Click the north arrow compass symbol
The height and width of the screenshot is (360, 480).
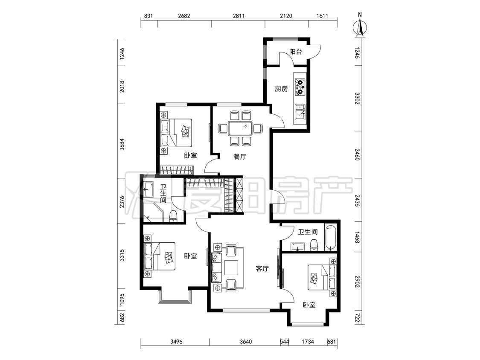pyautogui.click(x=360, y=26)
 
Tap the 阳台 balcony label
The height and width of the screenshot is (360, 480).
pyautogui.click(x=295, y=52)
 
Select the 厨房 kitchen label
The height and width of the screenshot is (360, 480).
pyautogui.click(x=281, y=89)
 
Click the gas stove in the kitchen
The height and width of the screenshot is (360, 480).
pyautogui.click(x=300, y=86)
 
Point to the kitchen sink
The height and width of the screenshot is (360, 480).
pyautogui.click(x=300, y=112)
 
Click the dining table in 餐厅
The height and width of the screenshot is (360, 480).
pyautogui.click(x=240, y=128)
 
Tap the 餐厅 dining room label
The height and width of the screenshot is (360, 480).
pyautogui.click(x=240, y=157)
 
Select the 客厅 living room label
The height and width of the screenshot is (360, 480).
pyautogui.click(x=262, y=268)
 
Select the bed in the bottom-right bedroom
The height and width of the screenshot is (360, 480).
pyautogui.click(x=322, y=277)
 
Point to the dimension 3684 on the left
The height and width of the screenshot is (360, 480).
pyautogui.click(x=122, y=144)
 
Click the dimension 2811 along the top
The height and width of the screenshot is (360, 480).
pyautogui.click(x=239, y=16)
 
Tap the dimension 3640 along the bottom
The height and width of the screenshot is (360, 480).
pyautogui.click(x=245, y=341)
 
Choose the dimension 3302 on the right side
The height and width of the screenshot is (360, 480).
pyautogui.click(x=357, y=99)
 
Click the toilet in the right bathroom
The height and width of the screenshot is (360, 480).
pyautogui.click(x=314, y=244)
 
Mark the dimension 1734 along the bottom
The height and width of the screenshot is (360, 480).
pyautogui.click(x=307, y=341)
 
